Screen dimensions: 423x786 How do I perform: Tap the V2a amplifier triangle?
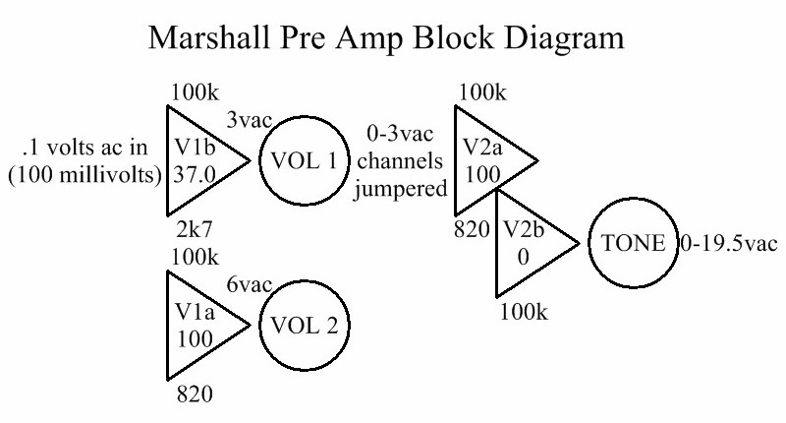click(x=487, y=160)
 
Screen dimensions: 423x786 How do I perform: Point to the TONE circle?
click(x=631, y=242)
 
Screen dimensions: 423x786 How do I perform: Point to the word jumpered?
click(x=399, y=187)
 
